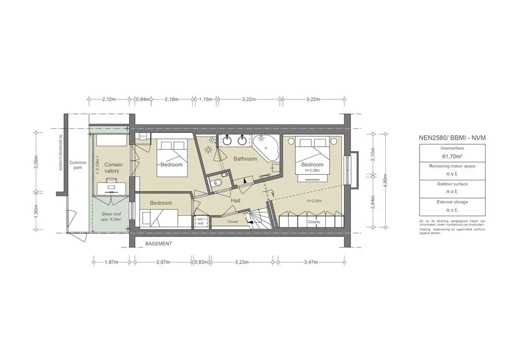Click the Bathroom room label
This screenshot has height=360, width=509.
pos(246,159)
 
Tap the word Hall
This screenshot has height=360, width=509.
pos(236,200)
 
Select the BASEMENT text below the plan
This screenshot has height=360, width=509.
pos(159,244)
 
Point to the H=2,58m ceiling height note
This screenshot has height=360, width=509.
pos(312,171)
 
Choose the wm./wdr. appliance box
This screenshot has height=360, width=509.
pos(201,221)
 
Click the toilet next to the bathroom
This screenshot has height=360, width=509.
pos(215,183)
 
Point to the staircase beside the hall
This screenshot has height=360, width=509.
pos(258,217)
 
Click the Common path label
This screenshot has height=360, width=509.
pos(78,165)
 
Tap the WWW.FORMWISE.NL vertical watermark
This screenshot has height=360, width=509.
pos(61,152)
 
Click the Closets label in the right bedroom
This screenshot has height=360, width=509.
pos(313,222)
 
